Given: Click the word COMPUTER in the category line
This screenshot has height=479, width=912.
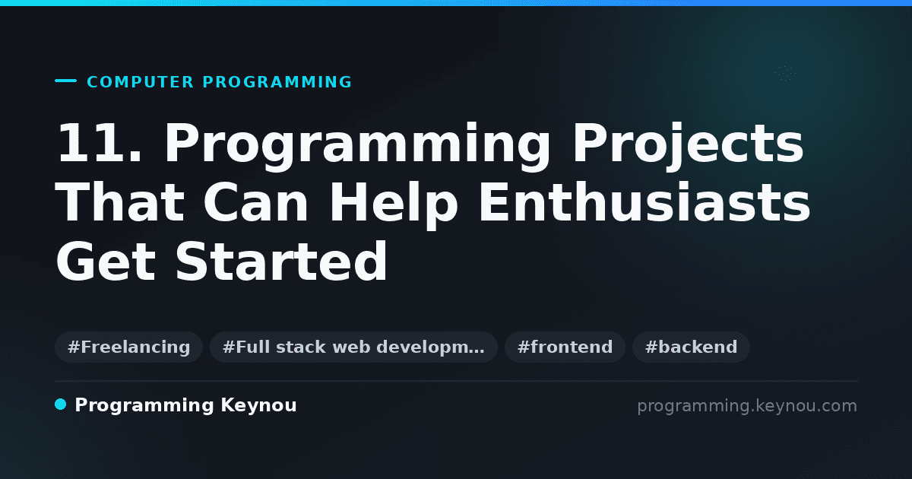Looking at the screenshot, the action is coord(140,82).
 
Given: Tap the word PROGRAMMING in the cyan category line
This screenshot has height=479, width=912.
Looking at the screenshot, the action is coord(277,82).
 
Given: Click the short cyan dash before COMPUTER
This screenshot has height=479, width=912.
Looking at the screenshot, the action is coord(65,81).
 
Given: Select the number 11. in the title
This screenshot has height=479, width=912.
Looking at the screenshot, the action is coord(100,142).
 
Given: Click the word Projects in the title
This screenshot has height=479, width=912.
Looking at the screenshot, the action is coord(688,147).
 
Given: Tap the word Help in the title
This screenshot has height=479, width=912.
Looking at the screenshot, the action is coord(394,206).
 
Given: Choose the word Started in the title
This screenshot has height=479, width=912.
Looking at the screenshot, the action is coord(281,261).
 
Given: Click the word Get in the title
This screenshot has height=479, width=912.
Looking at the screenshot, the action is coord(106,261).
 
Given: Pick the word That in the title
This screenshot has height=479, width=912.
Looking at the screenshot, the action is coord(120,201).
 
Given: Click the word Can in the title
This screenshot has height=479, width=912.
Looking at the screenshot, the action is coord(255,201).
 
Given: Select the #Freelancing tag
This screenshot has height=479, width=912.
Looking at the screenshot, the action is coord(128,347).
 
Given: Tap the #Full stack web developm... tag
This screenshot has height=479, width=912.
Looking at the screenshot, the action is coord(353,347).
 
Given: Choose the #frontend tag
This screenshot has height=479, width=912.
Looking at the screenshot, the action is coord(565,347).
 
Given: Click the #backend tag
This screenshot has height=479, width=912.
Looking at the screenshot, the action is coord(691,347).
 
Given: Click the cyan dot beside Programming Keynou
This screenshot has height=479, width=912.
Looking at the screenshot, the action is coord(60,404).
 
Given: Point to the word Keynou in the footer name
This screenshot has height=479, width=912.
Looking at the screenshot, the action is coord(258,406).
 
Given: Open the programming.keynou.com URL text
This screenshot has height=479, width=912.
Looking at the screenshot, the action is coord(747,406).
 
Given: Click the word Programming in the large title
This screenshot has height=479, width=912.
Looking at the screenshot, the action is coord(357,147).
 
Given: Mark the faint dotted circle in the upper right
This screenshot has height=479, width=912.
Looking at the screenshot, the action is coord(785,73).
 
